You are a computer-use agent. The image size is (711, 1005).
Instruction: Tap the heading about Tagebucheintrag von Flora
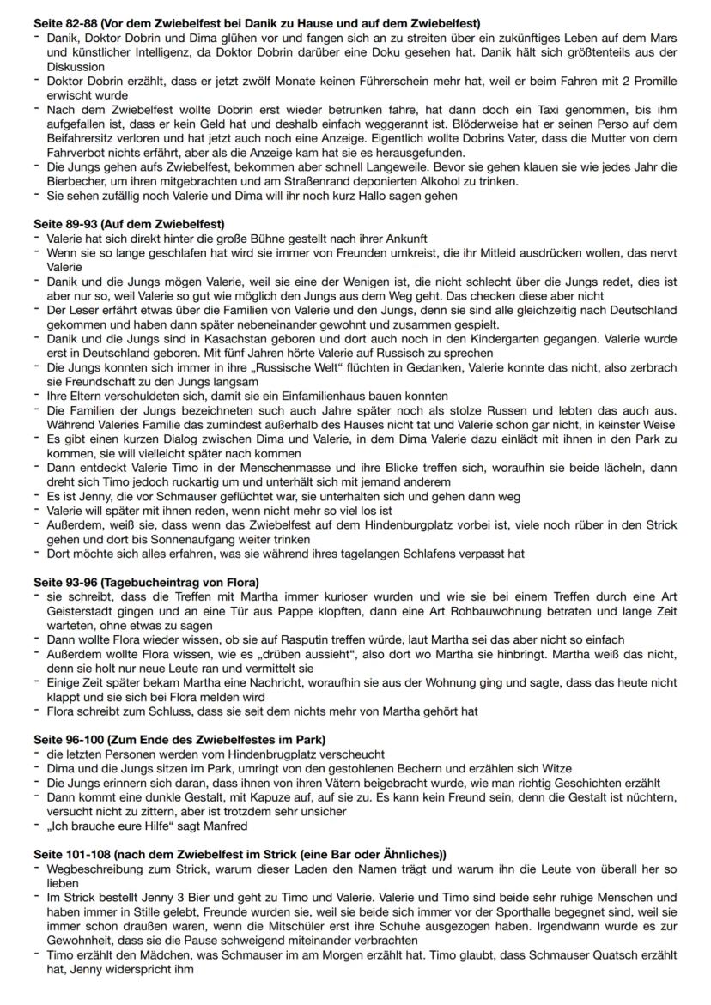[x=146, y=583]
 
